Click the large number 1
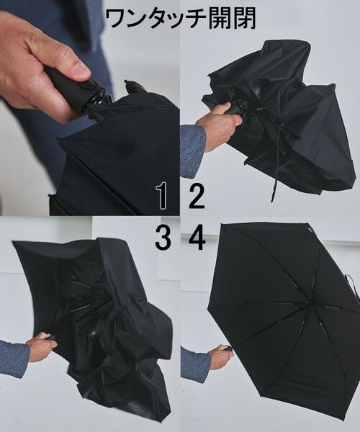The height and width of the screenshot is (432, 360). coord(163,196)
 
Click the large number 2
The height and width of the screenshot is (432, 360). coord(197,196)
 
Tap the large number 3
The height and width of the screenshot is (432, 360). coord(163,237)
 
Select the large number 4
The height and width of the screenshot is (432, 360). coord(197,237)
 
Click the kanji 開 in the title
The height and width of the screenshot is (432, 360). coord(220,19)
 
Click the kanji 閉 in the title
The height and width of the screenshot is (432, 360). coord(245,19)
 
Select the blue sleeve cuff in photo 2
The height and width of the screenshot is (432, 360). coord(192,150)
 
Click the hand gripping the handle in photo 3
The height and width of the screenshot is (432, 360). coord(41,346)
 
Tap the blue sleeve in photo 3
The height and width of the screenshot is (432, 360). coord(14,357)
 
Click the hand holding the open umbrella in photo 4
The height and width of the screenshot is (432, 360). coord(220,357)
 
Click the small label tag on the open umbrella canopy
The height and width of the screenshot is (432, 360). coord(310,230)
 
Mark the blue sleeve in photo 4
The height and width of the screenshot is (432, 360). coord(194,364)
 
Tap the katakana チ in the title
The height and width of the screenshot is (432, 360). coord(194,19)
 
